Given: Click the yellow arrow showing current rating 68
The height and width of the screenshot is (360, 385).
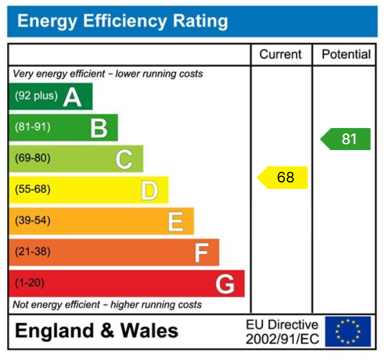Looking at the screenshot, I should [x=283, y=178].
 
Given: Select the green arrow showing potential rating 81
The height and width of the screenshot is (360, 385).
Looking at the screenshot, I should [x=345, y=139].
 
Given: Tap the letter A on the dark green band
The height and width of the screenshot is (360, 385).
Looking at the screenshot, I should [x=72, y=96].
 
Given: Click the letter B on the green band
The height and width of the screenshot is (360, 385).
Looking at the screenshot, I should [x=99, y=127].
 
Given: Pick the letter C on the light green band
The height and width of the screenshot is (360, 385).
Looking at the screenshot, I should [x=124, y=159].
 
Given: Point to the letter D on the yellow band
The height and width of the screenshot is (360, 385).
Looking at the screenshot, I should [x=149, y=190].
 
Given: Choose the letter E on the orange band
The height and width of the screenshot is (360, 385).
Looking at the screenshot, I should [x=175, y=221].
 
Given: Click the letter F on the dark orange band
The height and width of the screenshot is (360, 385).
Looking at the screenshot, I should [x=201, y=252].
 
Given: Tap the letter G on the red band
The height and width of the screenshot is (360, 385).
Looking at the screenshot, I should [x=225, y=284].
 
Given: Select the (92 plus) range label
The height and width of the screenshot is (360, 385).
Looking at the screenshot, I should [x=37, y=96].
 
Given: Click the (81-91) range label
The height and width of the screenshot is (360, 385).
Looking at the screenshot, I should [x=32, y=127].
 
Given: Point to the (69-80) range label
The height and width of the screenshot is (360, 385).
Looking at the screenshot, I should [x=32, y=158].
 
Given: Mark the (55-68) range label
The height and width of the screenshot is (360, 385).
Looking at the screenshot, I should [x=32, y=190].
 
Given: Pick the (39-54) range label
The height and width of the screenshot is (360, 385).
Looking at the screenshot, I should [x=32, y=221].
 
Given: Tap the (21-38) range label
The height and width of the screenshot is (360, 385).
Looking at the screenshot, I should [x=32, y=252].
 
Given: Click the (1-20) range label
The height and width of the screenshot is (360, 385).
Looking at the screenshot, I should [x=29, y=283].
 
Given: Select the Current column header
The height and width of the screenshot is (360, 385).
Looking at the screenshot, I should [x=280, y=54].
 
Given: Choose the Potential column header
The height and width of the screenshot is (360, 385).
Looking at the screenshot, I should [x=346, y=54].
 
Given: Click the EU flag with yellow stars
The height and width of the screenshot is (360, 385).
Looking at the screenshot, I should [x=348, y=331].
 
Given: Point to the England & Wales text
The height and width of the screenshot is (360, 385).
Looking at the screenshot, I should [x=96, y=331].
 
